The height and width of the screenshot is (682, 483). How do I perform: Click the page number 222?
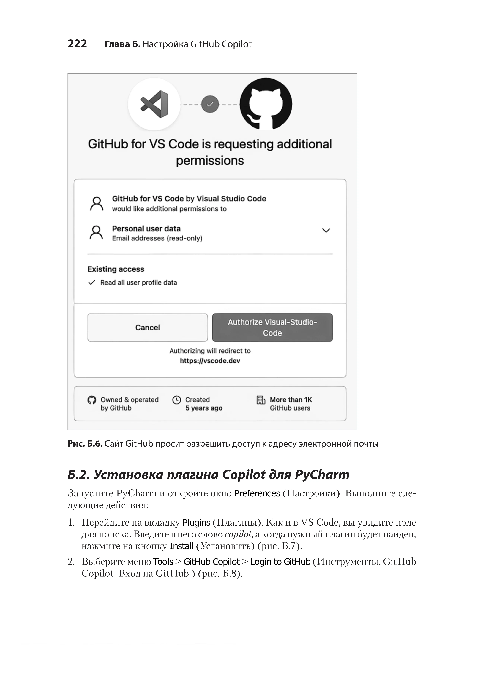pyautogui.click(x=77, y=44)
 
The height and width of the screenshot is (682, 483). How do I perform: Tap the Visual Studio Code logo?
pyautogui.click(x=154, y=104)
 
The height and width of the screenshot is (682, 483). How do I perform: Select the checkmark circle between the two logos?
pyautogui.click(x=210, y=104)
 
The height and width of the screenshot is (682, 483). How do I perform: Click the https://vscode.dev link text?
pyautogui.click(x=210, y=361)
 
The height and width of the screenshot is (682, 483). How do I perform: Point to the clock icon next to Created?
pyautogui.click(x=177, y=400)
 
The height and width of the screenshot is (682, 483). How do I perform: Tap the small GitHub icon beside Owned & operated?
pyautogui.click(x=92, y=400)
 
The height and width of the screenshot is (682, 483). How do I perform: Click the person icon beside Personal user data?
pyautogui.click(x=96, y=233)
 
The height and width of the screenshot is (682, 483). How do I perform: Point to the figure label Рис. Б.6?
pyautogui.click(x=85, y=444)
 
